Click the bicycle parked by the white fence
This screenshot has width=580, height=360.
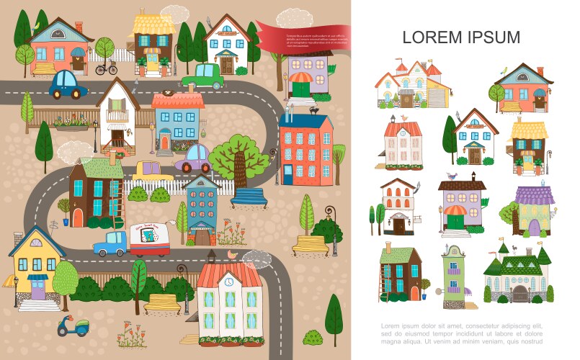pyautogui.click(x=106, y=69)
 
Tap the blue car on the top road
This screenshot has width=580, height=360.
pyautogui.click(x=68, y=85)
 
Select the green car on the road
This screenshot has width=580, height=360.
pyautogui.click(x=202, y=76)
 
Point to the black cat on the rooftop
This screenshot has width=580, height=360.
pyautogui.click(x=314, y=110)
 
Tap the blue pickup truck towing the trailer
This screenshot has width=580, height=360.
pyautogui.click(x=110, y=243)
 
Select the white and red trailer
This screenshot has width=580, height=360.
pyautogui.click(x=150, y=240)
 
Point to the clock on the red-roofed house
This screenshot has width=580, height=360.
pyautogui.click(x=228, y=282)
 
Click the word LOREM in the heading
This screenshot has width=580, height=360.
pyautogui.click(x=432, y=37)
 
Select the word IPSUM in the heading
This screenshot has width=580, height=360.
pyautogui.click(x=493, y=37)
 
